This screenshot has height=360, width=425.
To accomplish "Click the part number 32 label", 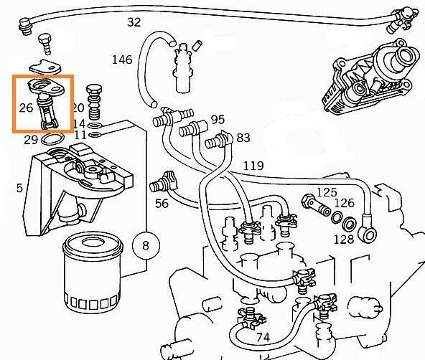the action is [x=134, y=22].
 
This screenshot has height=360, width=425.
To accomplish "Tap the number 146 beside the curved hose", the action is [x=122, y=60].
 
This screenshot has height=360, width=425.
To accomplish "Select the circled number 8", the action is [x=146, y=245].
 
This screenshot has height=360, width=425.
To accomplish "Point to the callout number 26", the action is [x=26, y=108].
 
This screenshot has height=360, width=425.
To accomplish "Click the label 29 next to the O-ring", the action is [x=31, y=140].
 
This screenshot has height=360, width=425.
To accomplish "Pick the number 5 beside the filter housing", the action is [x=19, y=188].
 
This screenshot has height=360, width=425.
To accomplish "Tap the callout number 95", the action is [x=218, y=119].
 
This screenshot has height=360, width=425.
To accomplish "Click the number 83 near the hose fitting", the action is [x=243, y=138].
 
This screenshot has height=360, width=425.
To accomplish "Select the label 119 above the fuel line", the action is [x=253, y=166].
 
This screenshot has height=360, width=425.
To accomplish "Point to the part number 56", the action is [x=162, y=204].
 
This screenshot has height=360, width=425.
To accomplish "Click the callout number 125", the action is [x=327, y=192].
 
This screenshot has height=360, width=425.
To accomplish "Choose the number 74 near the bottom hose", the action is [x=263, y=338].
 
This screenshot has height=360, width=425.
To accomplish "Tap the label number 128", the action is [x=344, y=240].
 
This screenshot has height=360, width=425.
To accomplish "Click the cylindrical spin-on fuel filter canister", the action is [x=93, y=274].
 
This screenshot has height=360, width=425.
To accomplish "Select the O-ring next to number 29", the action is [x=53, y=140].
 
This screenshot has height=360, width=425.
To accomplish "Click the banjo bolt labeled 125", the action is [x=316, y=204].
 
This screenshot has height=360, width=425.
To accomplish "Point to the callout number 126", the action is [x=344, y=203].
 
